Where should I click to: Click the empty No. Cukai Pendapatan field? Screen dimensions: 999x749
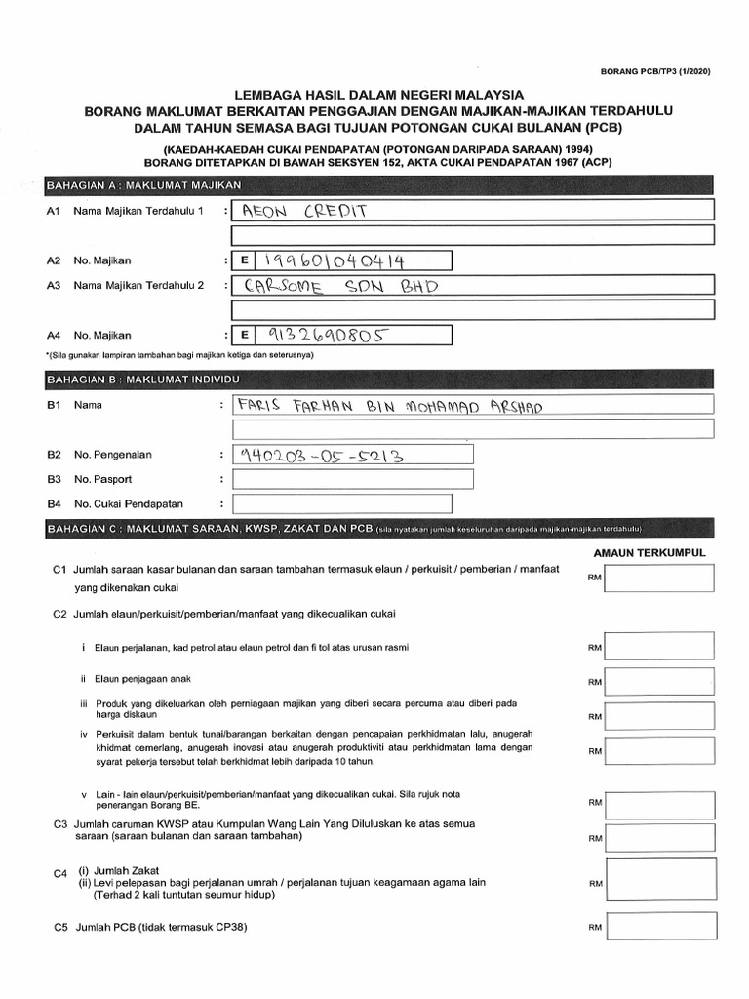pos(341,504)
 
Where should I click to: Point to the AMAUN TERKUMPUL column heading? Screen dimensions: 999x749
pos(649,553)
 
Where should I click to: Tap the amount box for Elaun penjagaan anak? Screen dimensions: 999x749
pos(658,681)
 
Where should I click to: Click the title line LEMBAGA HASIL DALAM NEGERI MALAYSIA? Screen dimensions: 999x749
pos(378,95)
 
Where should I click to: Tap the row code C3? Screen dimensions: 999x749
pos(59,824)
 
